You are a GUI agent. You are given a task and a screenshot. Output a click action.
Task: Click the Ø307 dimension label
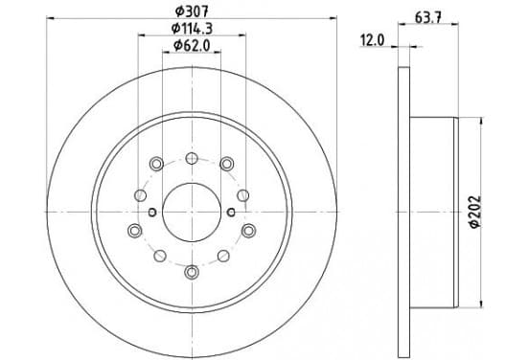192,11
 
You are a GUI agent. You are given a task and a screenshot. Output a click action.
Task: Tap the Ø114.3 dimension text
192,29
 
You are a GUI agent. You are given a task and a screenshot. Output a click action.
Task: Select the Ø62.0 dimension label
192,45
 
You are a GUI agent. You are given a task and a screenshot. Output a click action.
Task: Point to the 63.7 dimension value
428,17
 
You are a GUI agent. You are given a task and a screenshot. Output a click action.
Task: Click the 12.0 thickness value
372,41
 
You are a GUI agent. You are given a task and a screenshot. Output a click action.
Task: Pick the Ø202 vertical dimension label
475,212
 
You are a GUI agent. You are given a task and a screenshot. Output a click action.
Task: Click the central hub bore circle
192,213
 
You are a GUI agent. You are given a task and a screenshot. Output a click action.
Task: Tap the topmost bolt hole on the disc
192,158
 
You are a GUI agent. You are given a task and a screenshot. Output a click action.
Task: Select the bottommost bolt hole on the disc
192,272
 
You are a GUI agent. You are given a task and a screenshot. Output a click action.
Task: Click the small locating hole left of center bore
152,212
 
